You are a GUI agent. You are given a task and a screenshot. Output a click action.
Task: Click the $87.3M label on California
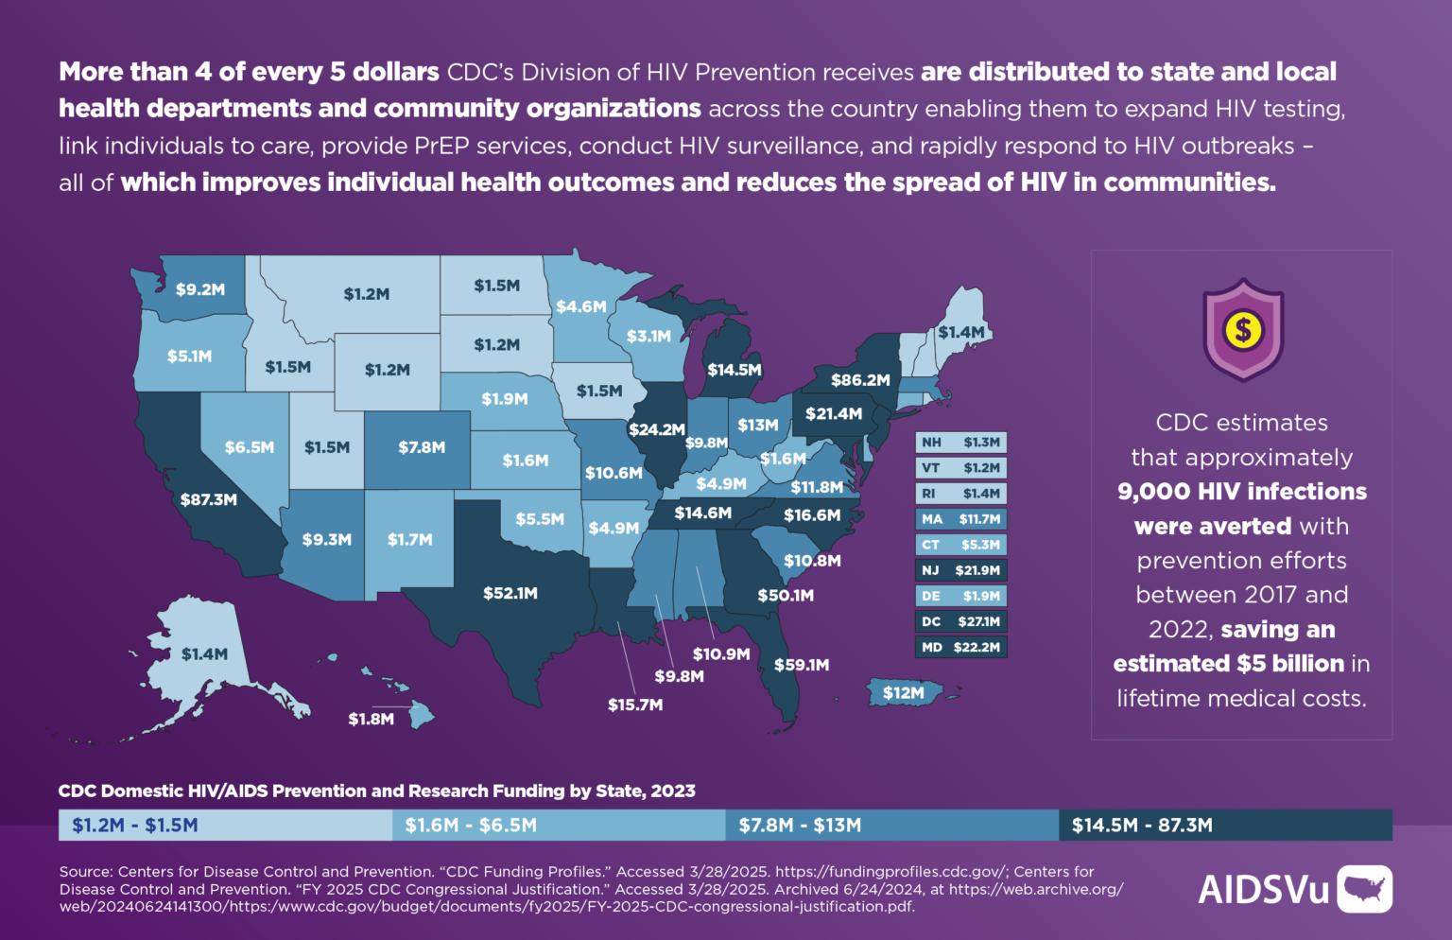click(209, 499)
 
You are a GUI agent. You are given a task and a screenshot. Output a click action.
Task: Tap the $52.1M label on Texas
click(510, 593)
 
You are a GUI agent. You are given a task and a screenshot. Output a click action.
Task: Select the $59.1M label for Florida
click(802, 665)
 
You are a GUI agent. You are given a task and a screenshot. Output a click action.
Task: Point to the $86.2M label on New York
click(860, 380)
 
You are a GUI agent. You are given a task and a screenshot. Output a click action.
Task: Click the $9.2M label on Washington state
click(200, 289)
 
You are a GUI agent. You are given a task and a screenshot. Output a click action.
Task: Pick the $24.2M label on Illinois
click(657, 429)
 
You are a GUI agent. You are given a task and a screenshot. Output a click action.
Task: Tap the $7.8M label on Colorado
click(422, 447)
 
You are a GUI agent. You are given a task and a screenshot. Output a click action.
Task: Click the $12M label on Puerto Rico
click(904, 693)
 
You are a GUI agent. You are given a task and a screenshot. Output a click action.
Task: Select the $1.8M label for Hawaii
click(371, 720)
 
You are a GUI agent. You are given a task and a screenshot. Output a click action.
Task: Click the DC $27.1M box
click(960, 622)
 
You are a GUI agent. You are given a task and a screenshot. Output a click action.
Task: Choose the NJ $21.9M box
click(960, 570)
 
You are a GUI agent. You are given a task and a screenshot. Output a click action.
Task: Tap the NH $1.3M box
click(960, 443)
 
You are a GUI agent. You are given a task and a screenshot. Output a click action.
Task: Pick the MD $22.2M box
click(960, 648)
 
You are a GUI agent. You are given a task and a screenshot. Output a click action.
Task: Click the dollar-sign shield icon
click(1242, 330)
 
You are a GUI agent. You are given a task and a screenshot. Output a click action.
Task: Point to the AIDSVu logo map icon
click(1364, 889)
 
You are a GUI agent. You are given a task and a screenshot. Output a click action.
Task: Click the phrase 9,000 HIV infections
click(1241, 492)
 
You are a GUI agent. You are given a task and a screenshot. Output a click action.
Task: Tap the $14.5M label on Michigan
click(735, 370)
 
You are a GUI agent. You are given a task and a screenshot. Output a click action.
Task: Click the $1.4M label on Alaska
click(204, 654)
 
